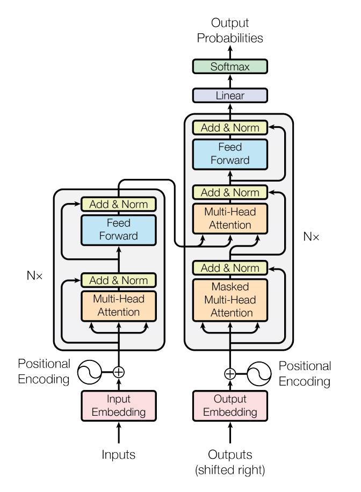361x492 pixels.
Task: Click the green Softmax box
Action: [x=230, y=67]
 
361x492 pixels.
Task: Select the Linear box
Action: [x=230, y=96]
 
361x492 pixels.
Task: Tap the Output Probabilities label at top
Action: [x=230, y=31]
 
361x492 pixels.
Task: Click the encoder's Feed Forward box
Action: [x=118, y=229]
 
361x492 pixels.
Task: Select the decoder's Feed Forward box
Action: [x=230, y=153]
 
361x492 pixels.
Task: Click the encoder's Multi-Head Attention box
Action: [x=118, y=305]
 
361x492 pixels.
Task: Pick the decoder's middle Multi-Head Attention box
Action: [x=230, y=219]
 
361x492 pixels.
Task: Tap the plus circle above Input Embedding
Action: [x=118, y=371]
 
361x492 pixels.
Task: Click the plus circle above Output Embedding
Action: [x=230, y=374]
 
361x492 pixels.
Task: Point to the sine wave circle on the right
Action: [x=259, y=374]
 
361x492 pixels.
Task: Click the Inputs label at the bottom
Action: [x=118, y=454]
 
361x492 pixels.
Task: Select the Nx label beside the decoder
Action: [x=311, y=235]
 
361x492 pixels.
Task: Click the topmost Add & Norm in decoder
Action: [x=230, y=128]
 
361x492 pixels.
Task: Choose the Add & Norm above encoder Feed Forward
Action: [x=118, y=204]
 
